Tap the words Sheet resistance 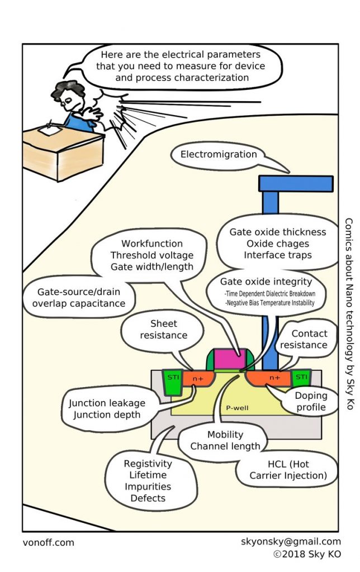(x=164, y=329)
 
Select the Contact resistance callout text (x=309, y=339)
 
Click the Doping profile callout (x=311, y=401)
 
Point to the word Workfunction (x=152, y=244)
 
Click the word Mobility (x=225, y=435)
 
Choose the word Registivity (x=148, y=464)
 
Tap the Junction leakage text (x=107, y=403)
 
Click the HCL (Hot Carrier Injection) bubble (x=287, y=470)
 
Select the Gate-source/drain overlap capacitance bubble (x=78, y=298)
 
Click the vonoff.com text (x=49, y=542)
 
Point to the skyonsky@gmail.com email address (x=291, y=541)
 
